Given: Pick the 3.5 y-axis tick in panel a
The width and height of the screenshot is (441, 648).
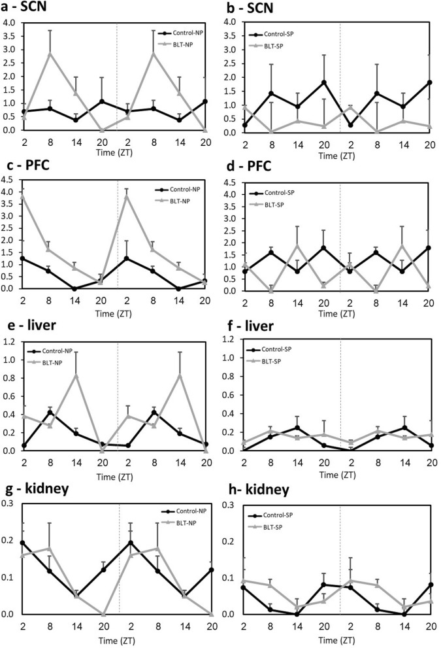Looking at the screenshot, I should [x=11, y=35].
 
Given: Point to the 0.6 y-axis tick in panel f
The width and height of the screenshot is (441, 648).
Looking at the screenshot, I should [x=229, y=395].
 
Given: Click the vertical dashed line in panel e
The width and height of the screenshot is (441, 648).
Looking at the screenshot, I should [x=118, y=392].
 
